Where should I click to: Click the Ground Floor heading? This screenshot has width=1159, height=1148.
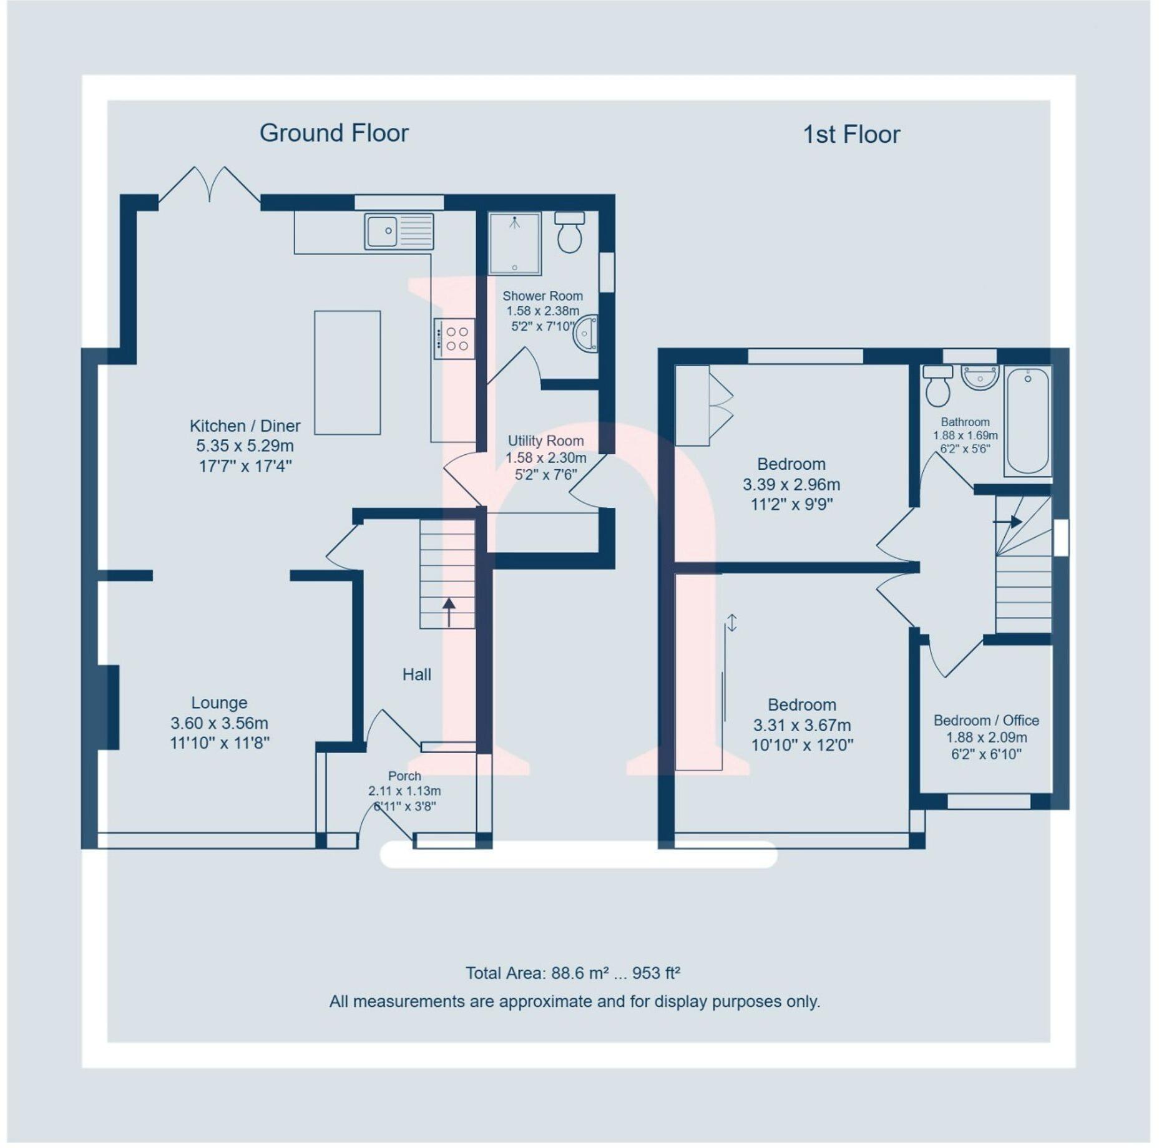tap(334, 133)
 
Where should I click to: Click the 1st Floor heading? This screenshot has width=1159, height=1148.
tap(851, 135)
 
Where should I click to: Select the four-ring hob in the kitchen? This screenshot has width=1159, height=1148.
tap(455, 339)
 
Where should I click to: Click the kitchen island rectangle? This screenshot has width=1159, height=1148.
tap(347, 372)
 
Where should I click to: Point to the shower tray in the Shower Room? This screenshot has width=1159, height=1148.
tap(514, 244)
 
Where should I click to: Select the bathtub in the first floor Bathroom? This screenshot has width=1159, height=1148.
tap(1027, 421)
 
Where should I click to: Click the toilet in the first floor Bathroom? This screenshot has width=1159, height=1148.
tap(937, 387)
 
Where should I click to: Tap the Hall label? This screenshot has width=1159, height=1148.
tap(416, 674)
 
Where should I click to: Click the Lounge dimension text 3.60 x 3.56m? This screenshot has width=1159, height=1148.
tap(219, 723)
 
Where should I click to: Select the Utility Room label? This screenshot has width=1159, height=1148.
tap(545, 441)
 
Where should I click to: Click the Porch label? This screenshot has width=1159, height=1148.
tap(404, 776)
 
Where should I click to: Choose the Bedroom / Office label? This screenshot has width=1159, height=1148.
tap(986, 721)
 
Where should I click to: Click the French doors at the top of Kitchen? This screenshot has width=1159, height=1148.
tap(210, 185)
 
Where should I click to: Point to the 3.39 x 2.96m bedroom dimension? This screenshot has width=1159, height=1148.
tap(791, 485)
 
